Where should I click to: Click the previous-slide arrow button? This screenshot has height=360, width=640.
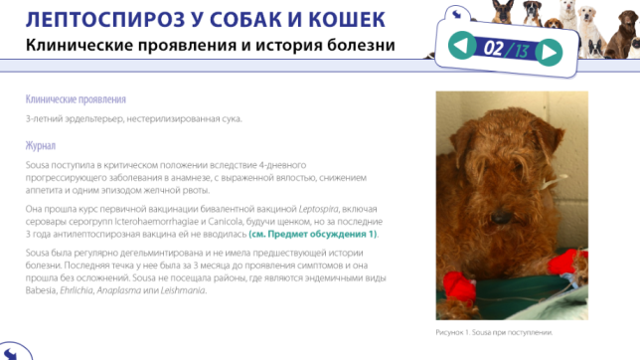[x=459, y=46]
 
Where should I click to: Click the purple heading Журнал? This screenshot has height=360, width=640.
[x=41, y=145]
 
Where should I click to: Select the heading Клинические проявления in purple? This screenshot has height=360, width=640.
[x=76, y=100]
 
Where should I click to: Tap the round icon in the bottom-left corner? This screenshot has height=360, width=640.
[x=12, y=349]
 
